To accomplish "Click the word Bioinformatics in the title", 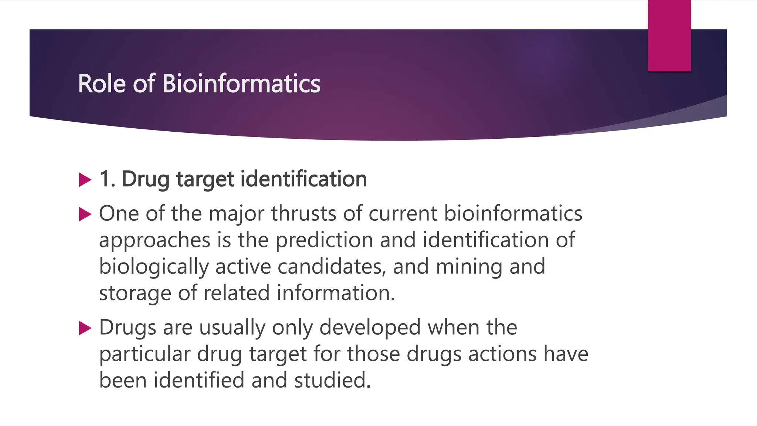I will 241,84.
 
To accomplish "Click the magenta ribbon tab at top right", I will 669,35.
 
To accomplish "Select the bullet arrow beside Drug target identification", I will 85,180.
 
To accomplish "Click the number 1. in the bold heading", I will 107,179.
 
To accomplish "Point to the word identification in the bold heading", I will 303,179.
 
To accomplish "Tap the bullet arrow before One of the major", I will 85,214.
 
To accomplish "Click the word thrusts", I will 304,214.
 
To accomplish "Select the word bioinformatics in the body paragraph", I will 513,214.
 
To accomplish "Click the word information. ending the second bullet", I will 336,293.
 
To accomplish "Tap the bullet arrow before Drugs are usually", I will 85,328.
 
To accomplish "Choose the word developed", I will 370,328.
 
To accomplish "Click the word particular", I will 145,354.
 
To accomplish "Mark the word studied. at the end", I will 332,380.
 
